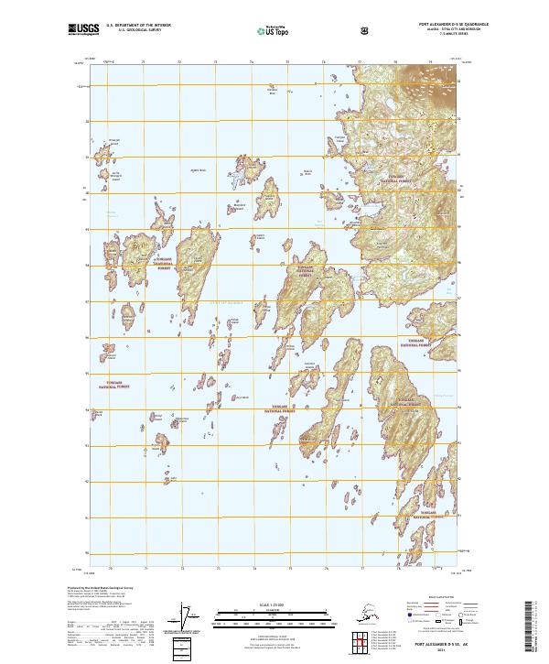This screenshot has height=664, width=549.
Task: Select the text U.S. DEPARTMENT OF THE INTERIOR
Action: click(137, 26)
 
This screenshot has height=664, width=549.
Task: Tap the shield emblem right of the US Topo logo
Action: click(314, 30)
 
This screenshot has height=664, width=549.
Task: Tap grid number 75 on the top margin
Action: click(287, 61)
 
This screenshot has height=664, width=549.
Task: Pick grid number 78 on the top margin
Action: click(395, 61)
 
